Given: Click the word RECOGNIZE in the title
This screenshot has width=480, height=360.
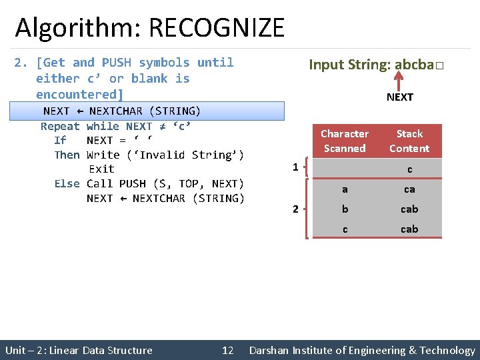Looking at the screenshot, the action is (217, 28).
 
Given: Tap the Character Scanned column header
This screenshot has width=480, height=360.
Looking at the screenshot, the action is (344, 141).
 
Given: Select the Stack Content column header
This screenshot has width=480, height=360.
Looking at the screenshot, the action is (409, 141).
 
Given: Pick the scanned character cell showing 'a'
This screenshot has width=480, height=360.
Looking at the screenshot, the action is (344, 189).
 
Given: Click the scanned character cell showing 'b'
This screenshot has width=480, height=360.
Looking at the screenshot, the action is (344, 209).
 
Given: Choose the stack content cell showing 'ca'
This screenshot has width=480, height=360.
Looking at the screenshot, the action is (409, 189).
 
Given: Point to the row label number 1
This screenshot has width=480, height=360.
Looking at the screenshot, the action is (295, 167).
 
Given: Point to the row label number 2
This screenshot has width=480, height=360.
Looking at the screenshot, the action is (295, 209).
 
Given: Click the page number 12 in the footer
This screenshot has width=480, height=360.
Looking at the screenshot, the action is (227, 350).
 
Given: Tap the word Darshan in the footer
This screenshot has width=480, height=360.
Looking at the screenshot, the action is (271, 350).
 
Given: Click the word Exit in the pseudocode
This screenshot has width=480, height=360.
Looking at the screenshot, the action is (101, 169).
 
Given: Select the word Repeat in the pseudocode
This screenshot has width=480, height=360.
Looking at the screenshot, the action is (60, 126).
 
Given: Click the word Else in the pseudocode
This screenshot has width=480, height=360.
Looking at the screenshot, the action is (67, 183).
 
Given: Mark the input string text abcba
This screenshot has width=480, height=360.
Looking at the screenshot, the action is (413, 65).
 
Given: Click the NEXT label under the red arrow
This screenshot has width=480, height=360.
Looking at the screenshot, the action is (399, 97).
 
